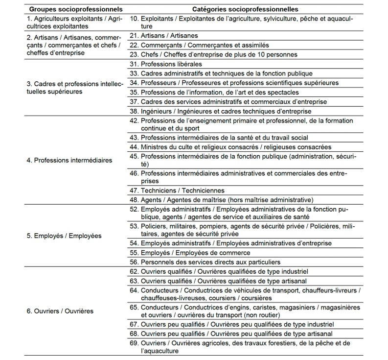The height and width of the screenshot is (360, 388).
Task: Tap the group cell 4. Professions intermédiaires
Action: point(69,160)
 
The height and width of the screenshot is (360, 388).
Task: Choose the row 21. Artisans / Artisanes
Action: point(164,36)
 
